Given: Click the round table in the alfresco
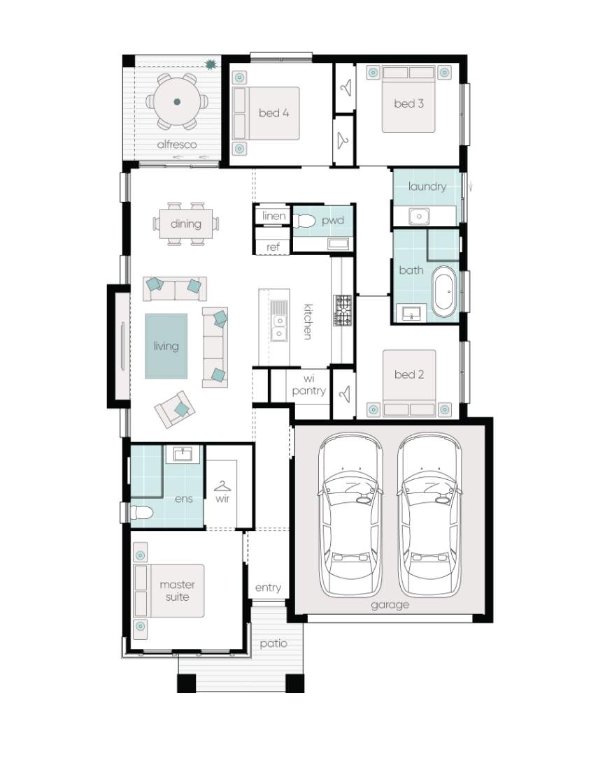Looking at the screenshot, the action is [x=177, y=102].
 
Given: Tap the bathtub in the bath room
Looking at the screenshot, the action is [x=445, y=291].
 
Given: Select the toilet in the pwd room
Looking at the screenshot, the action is [x=304, y=221].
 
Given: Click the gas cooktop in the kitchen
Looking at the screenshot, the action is [x=342, y=309].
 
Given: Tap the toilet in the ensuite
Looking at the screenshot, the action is [x=141, y=512].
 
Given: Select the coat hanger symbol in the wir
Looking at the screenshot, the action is [x=222, y=485].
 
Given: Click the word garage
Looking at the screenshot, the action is [x=390, y=605].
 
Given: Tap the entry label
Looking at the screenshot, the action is [x=268, y=588].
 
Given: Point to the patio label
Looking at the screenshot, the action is [x=273, y=643].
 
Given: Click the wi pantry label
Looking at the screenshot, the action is [x=308, y=386].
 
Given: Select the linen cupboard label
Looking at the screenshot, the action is [x=273, y=216].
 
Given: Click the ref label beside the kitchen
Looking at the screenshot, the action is [x=273, y=247].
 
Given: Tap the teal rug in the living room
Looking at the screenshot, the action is [x=166, y=346].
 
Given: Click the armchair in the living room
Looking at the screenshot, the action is [x=175, y=409].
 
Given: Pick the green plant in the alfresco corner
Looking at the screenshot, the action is [x=211, y=64].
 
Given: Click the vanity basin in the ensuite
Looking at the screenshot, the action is [x=183, y=454].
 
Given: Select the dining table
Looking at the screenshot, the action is [x=186, y=224].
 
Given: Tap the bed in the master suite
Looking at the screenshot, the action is [x=169, y=591].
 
